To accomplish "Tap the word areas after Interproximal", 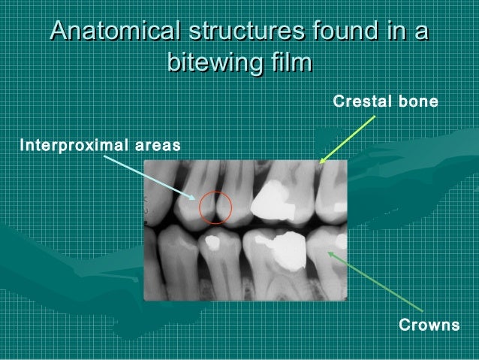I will point(155,143).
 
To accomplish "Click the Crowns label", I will point(428,325).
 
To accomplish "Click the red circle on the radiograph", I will point(217,206).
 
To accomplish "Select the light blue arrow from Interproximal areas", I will point(150,177).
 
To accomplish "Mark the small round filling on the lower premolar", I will point(212,243).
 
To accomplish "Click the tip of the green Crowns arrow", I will point(329,253).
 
